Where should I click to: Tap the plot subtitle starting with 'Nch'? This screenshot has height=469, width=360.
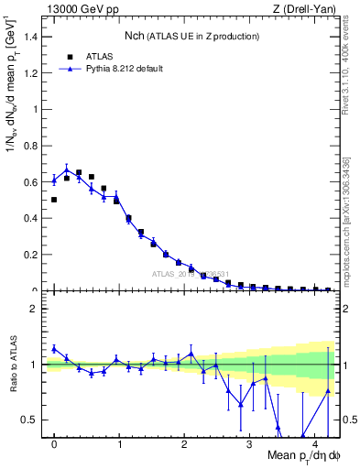coord(192,36)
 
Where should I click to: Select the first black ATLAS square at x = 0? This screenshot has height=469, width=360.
coord(54,200)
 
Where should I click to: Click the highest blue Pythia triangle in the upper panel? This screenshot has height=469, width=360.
coord(67,170)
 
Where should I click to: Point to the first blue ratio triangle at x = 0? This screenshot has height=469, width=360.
coord(54,349)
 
